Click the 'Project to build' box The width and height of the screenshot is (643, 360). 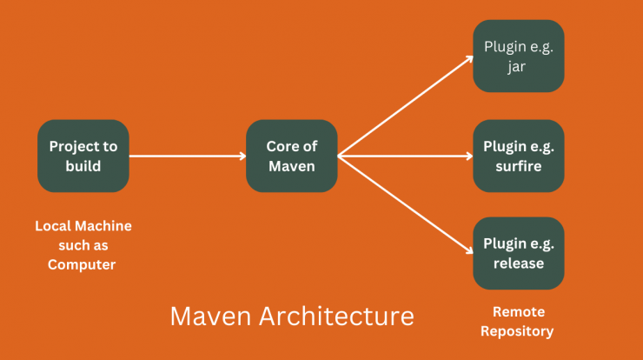coord(83,156)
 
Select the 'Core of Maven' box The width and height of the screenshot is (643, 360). coord(292,156)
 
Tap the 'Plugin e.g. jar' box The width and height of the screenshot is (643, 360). coord(519,56)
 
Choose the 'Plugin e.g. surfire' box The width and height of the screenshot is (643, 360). coord(519,156)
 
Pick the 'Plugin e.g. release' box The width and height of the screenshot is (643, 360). coord(519,253)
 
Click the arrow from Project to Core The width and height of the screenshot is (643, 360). coord(188,156)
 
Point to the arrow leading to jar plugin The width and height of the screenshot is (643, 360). coord(405,106)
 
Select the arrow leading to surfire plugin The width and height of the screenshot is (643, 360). coord(405,156)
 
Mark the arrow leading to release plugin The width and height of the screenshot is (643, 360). coord(405,204)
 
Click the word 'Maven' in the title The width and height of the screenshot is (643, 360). coord(210,316)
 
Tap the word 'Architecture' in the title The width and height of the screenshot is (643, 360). coord(336,316)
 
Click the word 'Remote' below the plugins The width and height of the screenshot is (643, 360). coord(519,312)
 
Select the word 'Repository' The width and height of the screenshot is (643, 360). coord(517,331)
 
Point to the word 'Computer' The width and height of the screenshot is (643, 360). coord(82,264)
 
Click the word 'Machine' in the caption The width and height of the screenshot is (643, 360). coord(103,226)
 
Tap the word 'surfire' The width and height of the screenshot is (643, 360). coord(519,166)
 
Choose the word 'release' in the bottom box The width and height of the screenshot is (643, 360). coord(519,263)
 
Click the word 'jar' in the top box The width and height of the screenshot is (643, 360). coord(517,66)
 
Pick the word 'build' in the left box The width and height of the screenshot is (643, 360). coord(83,166)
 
